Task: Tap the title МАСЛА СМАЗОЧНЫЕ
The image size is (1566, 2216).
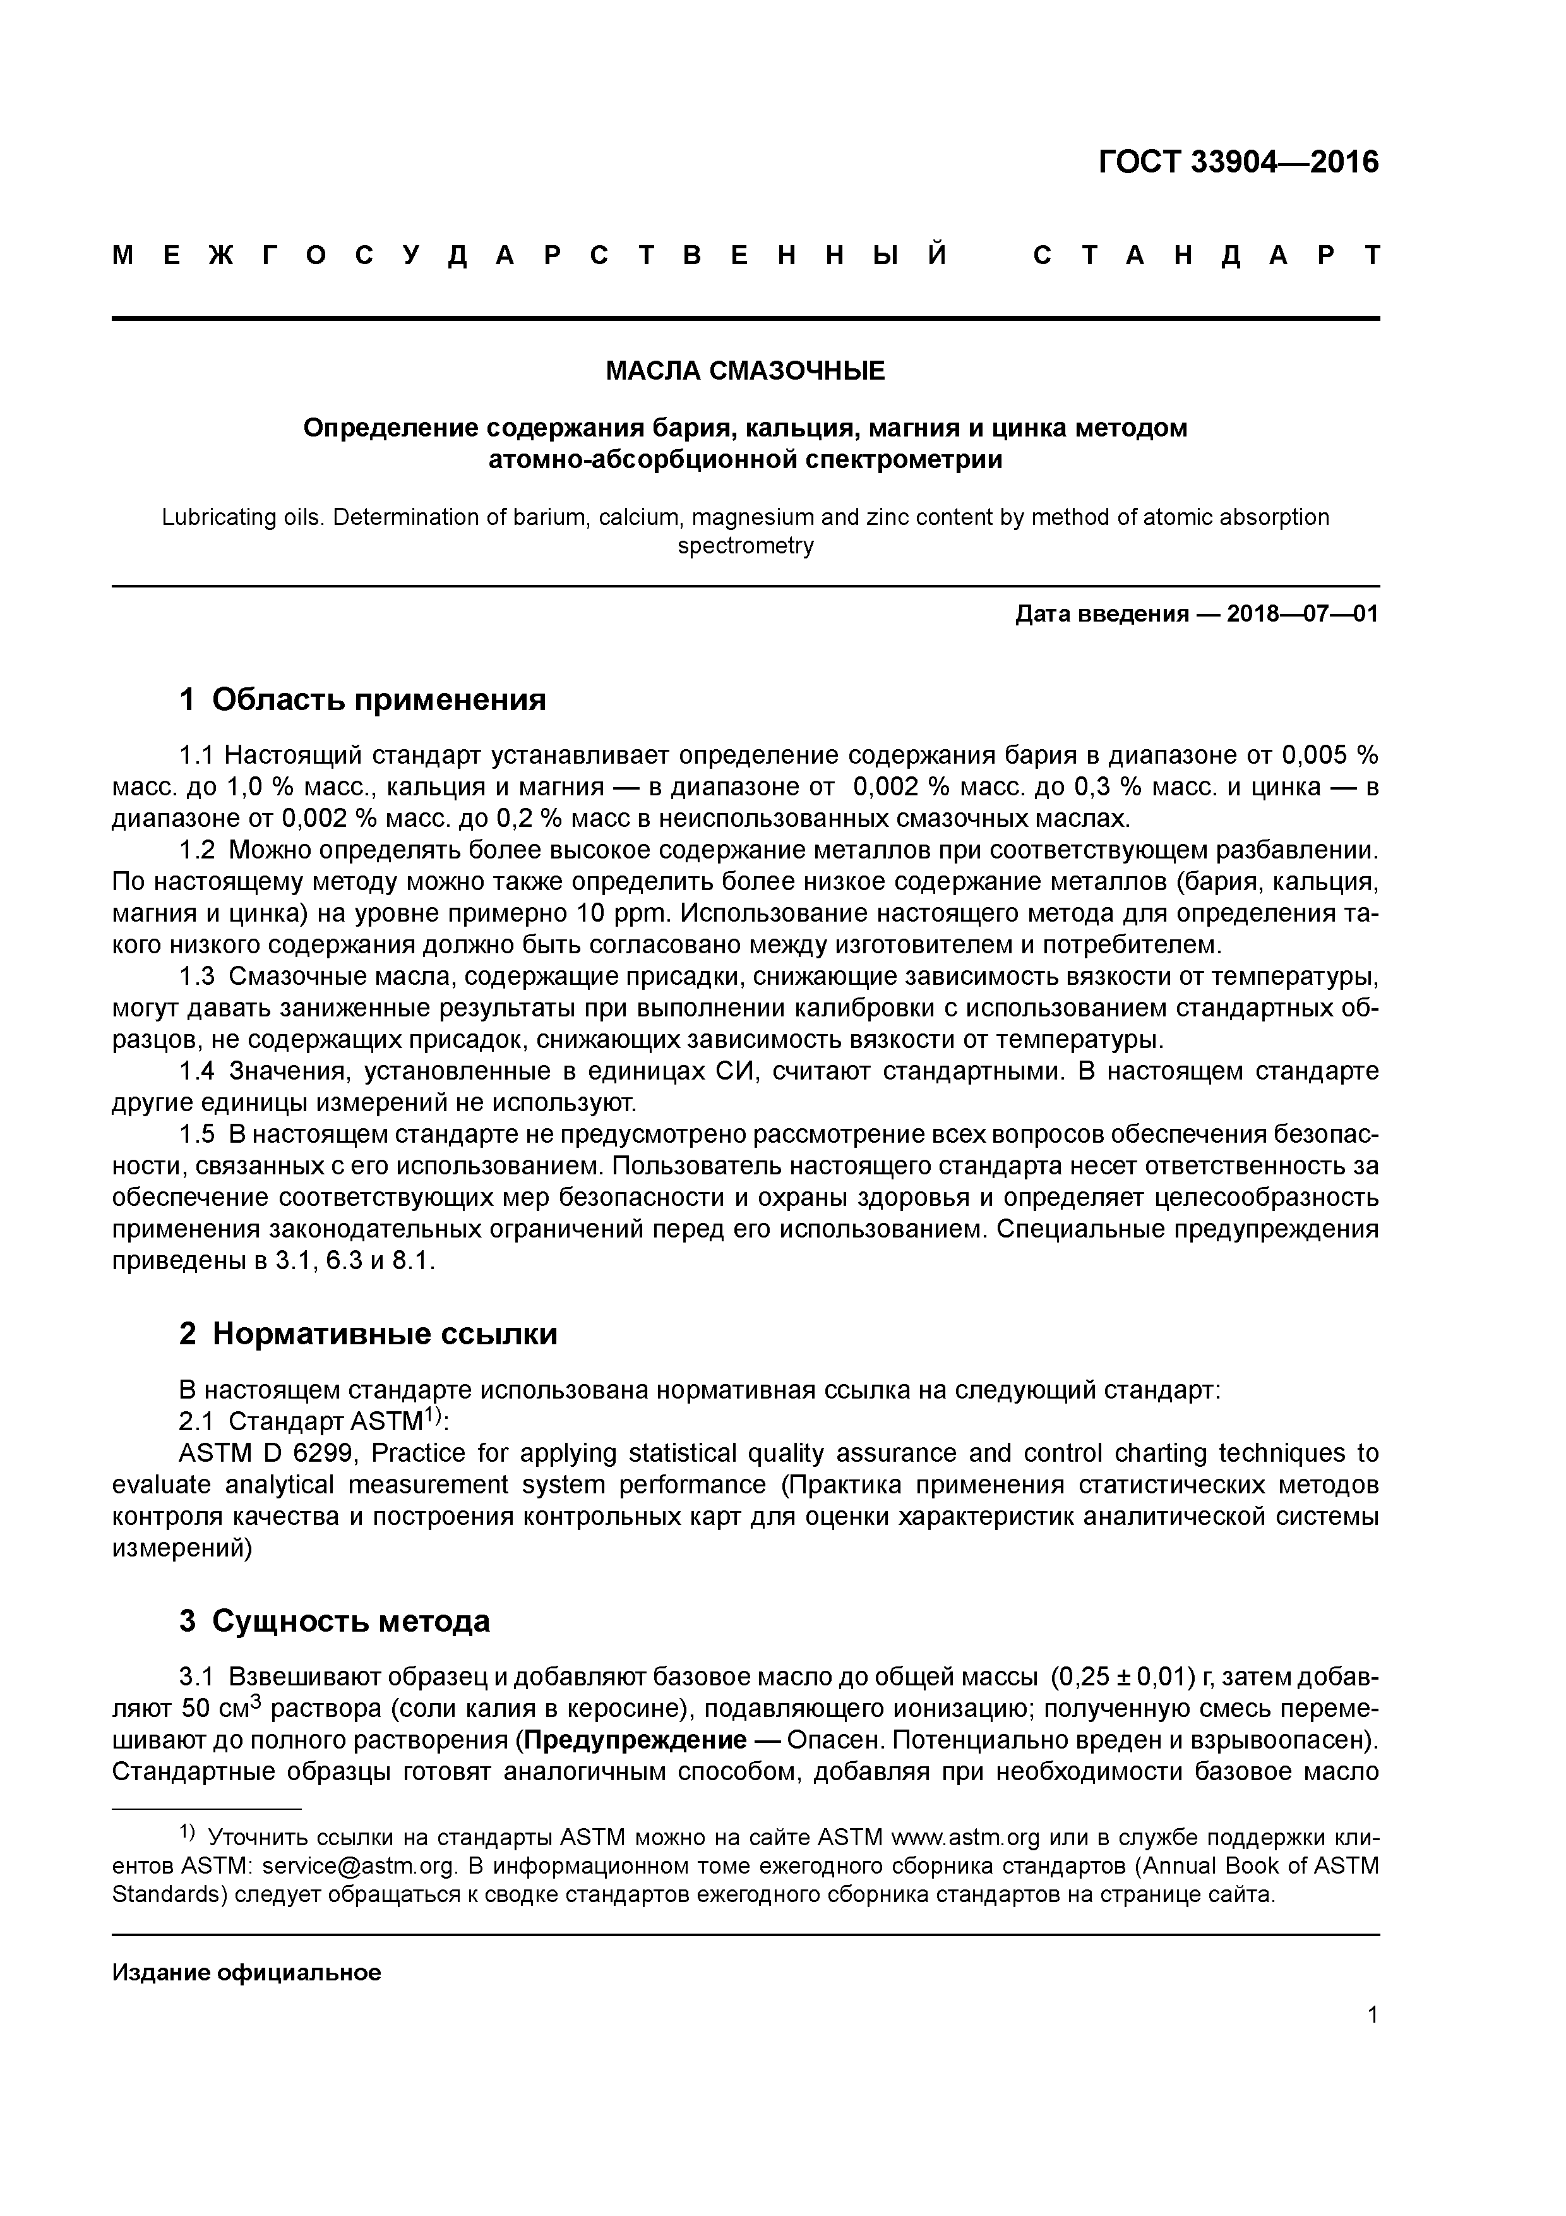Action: pyautogui.click(x=745, y=371)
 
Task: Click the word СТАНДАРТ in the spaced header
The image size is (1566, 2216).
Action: pyautogui.click(x=1206, y=256)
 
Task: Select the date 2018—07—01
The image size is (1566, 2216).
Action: pyautogui.click(x=1303, y=615)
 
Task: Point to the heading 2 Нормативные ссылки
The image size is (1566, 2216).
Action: pyautogui.click(x=369, y=1335)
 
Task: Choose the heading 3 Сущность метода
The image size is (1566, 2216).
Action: pyautogui.click(x=335, y=1622)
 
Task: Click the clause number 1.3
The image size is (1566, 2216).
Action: pyautogui.click(x=197, y=977)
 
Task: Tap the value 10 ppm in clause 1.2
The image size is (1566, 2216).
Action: pyautogui.click(x=616, y=913)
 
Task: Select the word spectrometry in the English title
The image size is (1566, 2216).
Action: pyautogui.click(x=745, y=546)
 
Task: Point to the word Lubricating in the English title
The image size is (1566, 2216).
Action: pyautogui.click(x=215, y=517)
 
